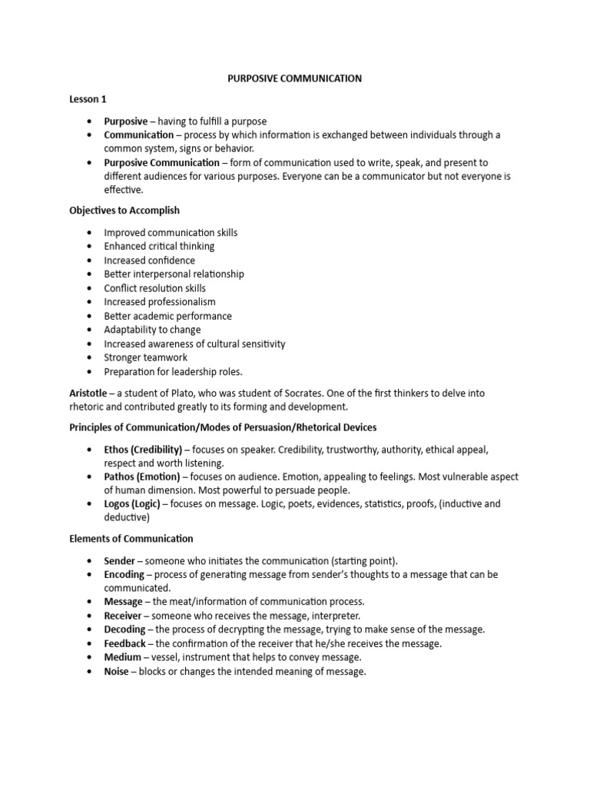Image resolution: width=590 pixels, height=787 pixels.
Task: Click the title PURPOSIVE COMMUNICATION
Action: (295, 78)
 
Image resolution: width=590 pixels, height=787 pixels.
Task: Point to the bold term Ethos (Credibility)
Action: (143, 449)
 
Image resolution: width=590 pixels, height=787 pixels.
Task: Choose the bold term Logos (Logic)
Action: (132, 504)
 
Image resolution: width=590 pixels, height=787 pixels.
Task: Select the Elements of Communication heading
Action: (131, 539)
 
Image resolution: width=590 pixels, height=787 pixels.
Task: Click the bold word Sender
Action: (120, 560)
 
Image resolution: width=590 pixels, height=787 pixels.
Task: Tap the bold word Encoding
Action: (124, 574)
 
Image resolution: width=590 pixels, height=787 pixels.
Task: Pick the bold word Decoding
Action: (124, 629)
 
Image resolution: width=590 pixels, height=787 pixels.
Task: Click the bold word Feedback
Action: (125, 643)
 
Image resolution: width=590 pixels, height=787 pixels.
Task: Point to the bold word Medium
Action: (123, 657)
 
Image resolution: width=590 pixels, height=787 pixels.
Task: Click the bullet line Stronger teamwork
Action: (145, 357)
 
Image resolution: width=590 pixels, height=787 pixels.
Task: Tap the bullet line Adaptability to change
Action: (152, 330)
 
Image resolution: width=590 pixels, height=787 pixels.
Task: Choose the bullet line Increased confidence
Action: (149, 261)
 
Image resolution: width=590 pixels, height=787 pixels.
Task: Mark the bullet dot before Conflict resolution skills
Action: (90, 288)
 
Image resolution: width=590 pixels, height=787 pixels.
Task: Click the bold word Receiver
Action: (123, 616)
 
